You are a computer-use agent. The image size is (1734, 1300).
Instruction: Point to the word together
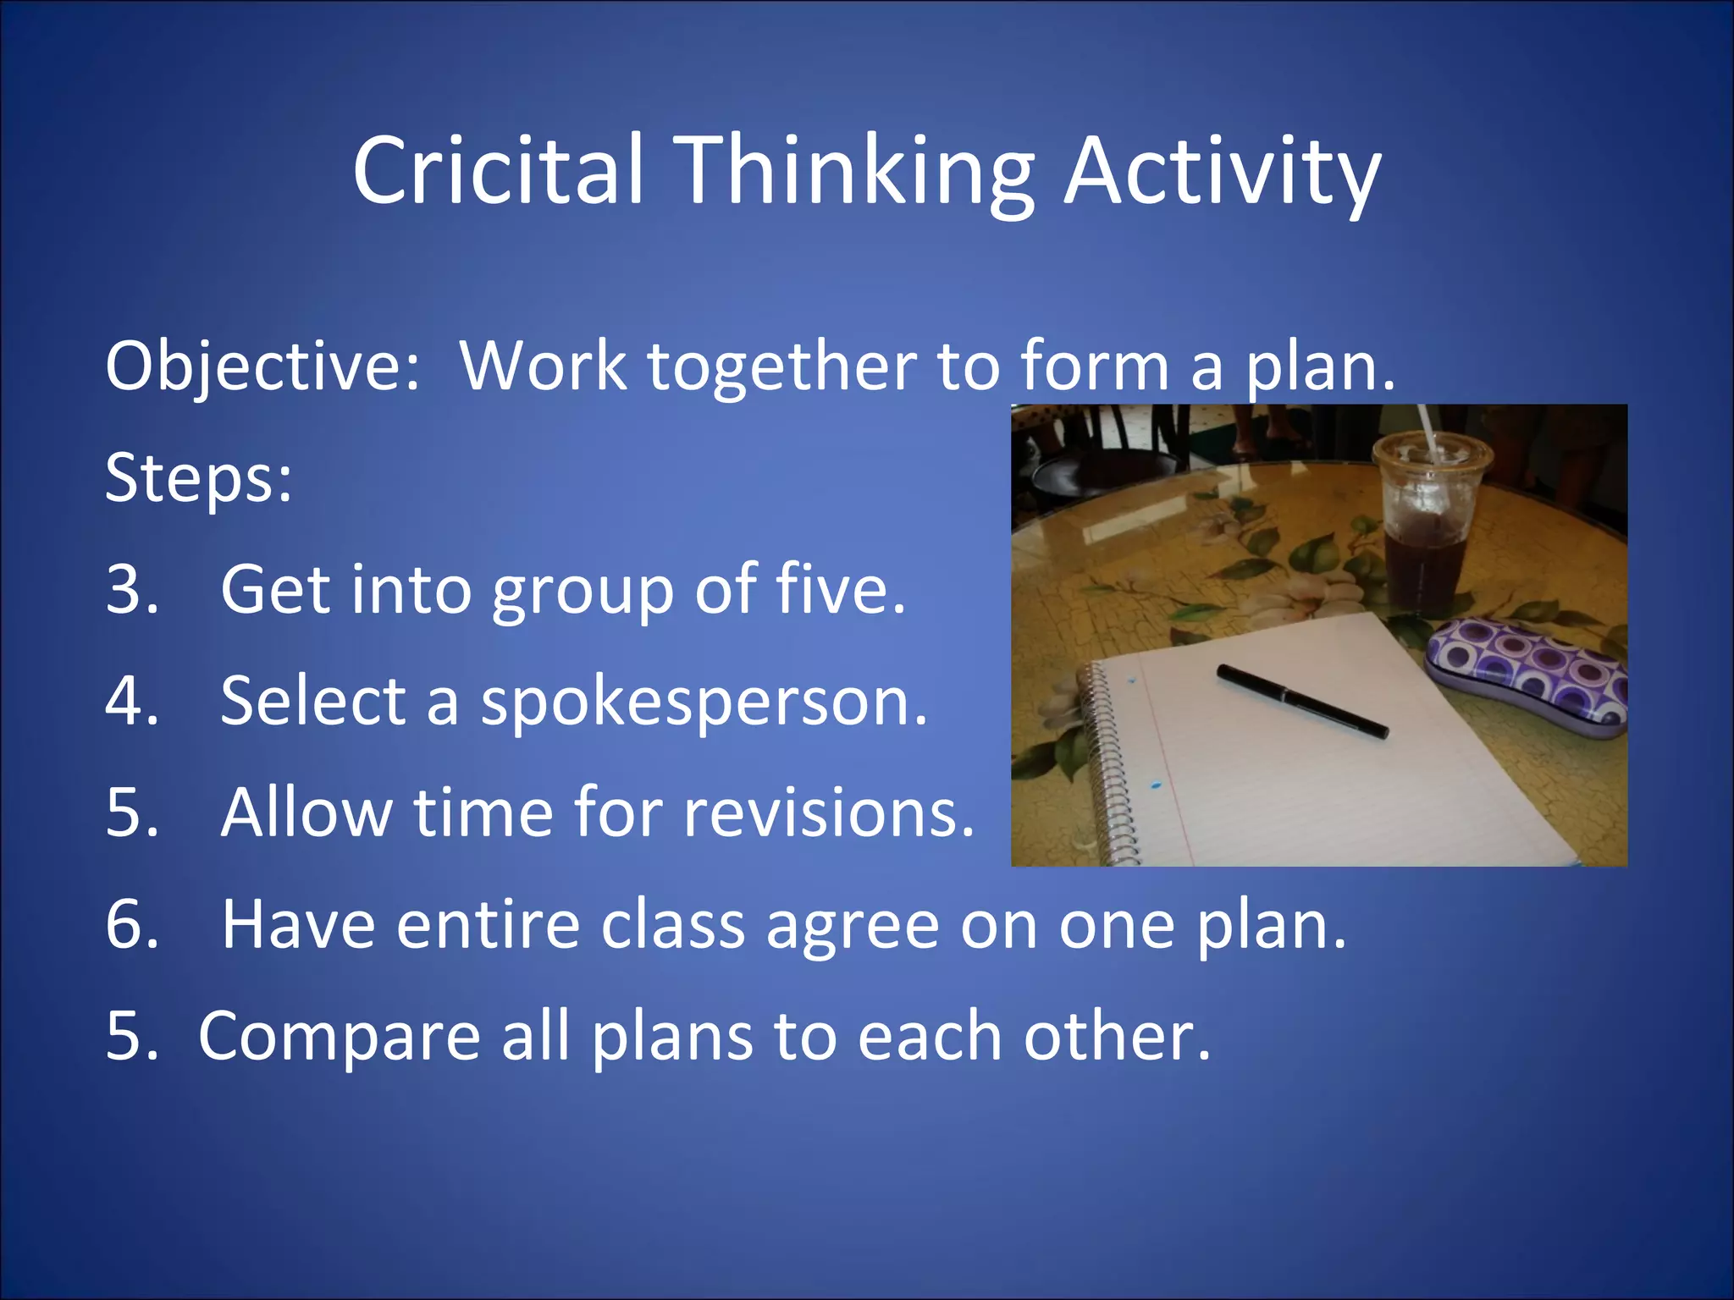(x=782, y=366)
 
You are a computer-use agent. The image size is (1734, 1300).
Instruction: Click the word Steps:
(x=199, y=478)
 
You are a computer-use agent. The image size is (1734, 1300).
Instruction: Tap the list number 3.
(x=131, y=590)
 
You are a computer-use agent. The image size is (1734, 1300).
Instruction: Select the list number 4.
(x=131, y=702)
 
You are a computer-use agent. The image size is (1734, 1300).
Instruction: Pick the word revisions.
(x=829, y=812)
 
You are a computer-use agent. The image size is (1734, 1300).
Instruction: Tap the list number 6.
(x=131, y=924)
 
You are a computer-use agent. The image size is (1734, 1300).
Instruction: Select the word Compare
(x=340, y=1038)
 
